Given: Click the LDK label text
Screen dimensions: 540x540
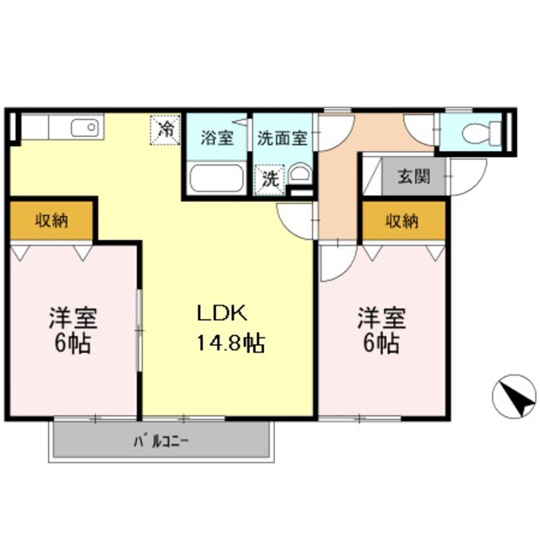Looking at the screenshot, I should tap(221, 314).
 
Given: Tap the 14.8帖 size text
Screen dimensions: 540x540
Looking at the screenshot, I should tap(230, 343).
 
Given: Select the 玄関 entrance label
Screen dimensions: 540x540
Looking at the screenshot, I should tap(413, 177).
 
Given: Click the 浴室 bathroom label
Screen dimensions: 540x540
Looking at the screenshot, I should tap(218, 138).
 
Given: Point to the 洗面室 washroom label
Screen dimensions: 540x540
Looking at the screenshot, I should tap(283, 138).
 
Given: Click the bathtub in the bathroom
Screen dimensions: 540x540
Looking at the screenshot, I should tap(217, 179).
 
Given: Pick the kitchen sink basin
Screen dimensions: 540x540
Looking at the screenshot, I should tap(84, 129).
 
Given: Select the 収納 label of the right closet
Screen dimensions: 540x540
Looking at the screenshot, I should tap(402, 221).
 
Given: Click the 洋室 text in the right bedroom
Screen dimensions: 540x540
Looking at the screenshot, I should tap(381, 318).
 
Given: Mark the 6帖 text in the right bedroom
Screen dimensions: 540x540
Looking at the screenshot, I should tap(381, 343).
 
